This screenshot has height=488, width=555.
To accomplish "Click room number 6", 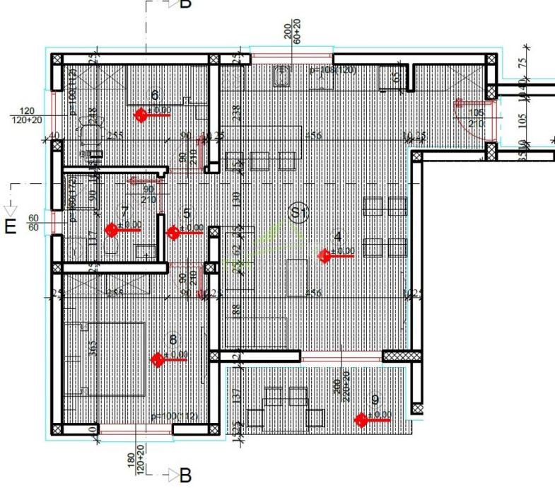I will [156, 95].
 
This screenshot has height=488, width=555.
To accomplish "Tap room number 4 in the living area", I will [338, 236].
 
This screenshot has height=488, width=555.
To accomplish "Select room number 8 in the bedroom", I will [173, 340].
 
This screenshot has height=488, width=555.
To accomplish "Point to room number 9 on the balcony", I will [375, 400].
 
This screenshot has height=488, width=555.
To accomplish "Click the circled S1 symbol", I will [298, 211].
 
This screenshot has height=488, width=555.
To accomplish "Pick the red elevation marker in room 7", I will [111, 230].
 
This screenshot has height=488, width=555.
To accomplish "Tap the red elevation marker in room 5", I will [173, 232].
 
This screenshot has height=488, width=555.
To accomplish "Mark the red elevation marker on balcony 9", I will [361, 420].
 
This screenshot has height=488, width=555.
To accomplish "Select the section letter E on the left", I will [11, 228].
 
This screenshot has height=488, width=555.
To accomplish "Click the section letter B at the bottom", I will [185, 475].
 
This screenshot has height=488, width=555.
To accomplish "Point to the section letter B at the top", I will [185, 4].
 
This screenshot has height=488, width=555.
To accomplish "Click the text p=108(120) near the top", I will [332, 71].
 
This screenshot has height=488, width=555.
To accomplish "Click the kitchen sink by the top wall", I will [283, 74].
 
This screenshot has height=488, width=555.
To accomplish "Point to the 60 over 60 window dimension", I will [33, 223].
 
